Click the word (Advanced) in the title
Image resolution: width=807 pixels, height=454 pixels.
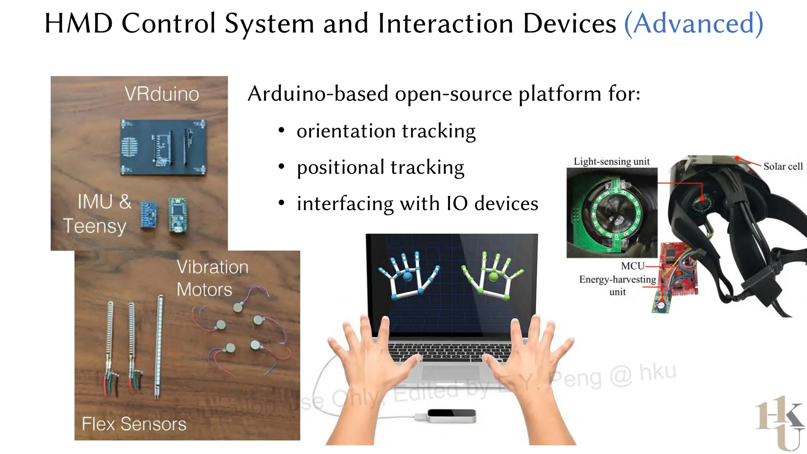[694, 24]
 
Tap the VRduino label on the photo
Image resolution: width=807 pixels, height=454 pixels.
[162, 94]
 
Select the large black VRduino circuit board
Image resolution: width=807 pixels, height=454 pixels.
[163, 147]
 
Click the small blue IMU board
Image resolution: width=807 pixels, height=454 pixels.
[148, 214]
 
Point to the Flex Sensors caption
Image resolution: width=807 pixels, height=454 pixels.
[134, 424]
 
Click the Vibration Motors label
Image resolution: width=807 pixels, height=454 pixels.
[212, 278]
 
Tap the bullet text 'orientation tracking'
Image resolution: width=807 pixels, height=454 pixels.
[386, 131]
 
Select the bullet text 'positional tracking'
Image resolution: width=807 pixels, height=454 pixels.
[380, 167]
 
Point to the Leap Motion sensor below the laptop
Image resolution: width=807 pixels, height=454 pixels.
[452, 416]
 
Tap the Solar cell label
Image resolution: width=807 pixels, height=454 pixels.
[783, 166]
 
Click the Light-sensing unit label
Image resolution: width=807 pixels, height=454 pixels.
[611, 162]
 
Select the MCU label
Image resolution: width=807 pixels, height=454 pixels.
[632, 266]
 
